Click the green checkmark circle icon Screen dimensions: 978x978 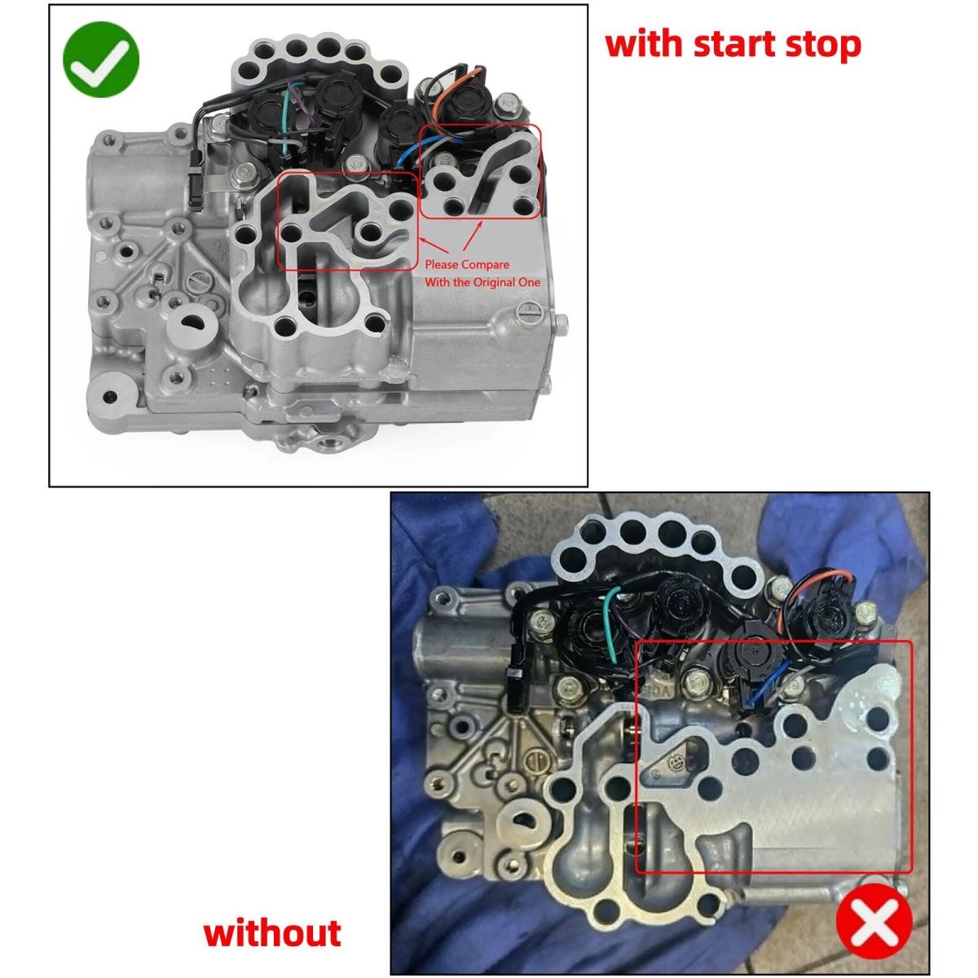tap(101, 59)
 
